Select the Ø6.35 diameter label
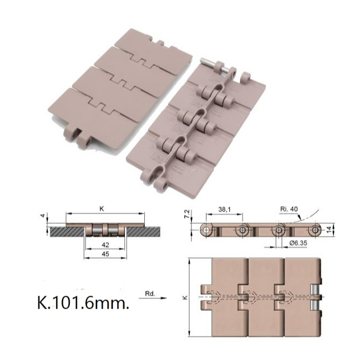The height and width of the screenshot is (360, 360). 297,243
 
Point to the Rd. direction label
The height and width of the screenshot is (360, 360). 151,294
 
